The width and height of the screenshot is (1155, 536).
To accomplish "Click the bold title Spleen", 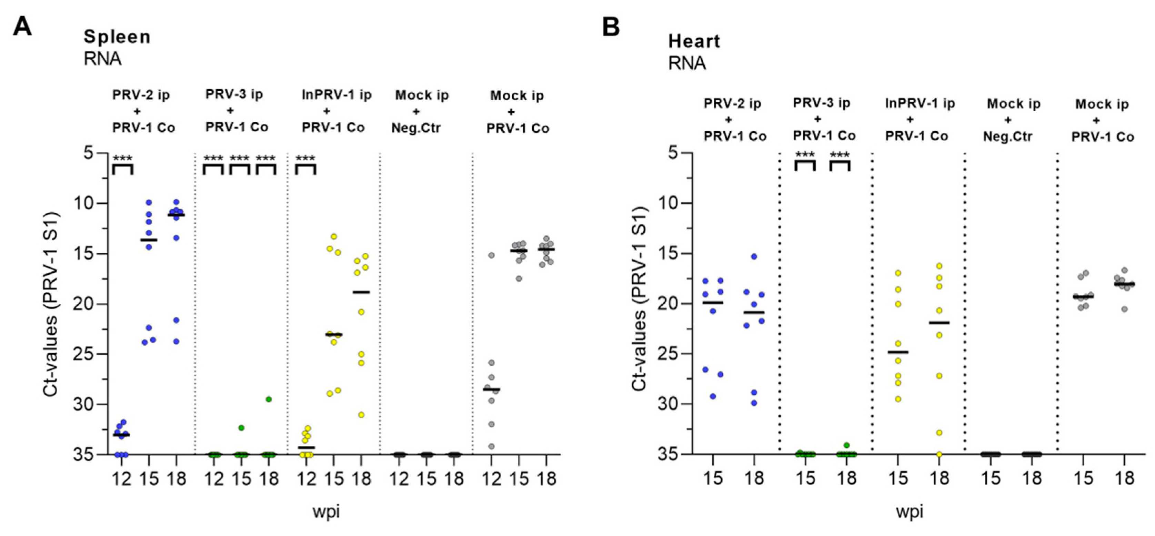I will click(x=117, y=37).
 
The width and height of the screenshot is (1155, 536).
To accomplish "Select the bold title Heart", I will click(x=694, y=41).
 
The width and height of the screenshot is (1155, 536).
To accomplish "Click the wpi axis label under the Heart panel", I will click(x=909, y=511).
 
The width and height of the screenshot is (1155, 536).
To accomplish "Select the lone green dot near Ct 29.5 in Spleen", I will click(x=269, y=399).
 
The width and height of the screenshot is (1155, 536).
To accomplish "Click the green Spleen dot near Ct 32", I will click(x=241, y=427).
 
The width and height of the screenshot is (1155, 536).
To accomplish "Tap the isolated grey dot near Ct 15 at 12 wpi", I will click(x=491, y=255).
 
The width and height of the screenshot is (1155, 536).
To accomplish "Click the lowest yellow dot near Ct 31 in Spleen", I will click(x=361, y=415).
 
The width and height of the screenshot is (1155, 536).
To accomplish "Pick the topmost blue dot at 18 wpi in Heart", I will click(x=754, y=256).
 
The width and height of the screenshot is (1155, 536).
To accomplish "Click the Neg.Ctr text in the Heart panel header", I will click(x=1007, y=136).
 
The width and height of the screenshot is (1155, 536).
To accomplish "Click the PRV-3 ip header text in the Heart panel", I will click(x=821, y=103).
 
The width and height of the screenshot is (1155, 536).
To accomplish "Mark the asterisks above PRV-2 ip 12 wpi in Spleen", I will click(x=122, y=158).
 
